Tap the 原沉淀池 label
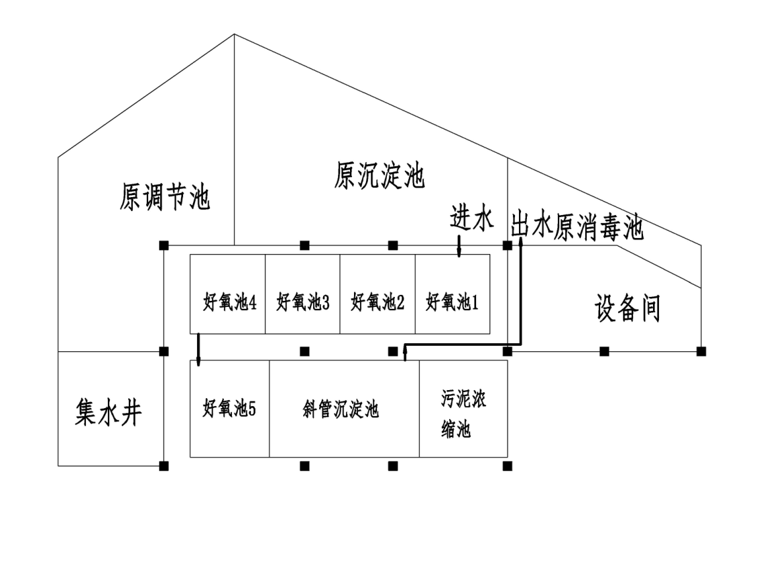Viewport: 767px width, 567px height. tap(379, 176)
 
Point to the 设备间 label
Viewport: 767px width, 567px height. tap(628, 308)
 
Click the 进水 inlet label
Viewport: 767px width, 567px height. tap(471, 218)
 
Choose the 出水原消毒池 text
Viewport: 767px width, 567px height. tap(577, 227)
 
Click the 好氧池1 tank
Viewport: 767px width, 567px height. tap(453, 302)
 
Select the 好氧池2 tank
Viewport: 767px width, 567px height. tap(377, 302)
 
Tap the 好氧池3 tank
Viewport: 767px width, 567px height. tap(303, 302)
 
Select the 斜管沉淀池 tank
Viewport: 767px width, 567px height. tap(341, 409)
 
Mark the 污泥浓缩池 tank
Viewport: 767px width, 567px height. tap(463, 414)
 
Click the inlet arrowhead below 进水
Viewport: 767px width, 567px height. tap(459, 253)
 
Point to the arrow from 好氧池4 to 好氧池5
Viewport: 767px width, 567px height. tap(198, 349)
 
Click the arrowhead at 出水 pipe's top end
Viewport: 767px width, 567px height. tap(520, 240)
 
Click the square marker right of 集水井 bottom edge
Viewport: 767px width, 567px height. tap(164, 466)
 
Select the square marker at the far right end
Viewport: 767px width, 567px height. tap(701, 351)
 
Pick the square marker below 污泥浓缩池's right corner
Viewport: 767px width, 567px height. tap(508, 466)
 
